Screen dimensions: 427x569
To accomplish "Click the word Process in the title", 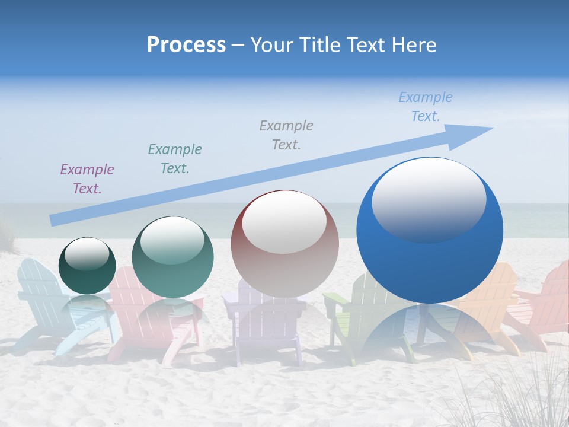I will pos(186,45).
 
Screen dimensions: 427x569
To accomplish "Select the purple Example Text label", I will pos(87,179).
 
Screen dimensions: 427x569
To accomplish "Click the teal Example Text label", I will pos(175,159).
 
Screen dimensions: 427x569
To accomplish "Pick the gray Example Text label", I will pos(286,135).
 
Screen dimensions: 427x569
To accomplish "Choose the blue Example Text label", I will pos(425,107).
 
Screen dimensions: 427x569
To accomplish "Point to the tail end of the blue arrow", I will pos(55,220).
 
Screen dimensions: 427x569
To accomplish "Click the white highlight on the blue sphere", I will pos(429,199).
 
